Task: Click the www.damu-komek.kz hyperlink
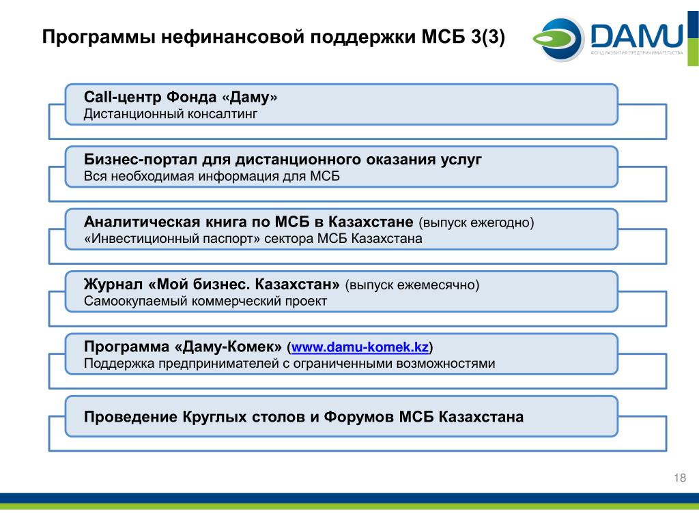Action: pyautogui.click(x=360, y=347)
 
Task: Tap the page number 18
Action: pyautogui.click(x=680, y=478)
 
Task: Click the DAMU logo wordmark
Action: pyautogui.click(x=637, y=36)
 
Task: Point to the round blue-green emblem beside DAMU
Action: pyautogui.click(x=559, y=38)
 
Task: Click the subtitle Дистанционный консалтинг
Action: pyautogui.click(x=171, y=114)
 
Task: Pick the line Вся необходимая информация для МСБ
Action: pyautogui.click(x=212, y=176)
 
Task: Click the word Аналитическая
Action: pyautogui.click(x=142, y=222)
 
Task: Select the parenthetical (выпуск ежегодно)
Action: pyautogui.click(x=476, y=222)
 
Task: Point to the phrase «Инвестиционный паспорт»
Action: pyautogui.click(x=172, y=238)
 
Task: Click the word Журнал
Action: pyautogui.click(x=113, y=284)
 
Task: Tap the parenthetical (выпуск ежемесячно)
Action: pyautogui.click(x=412, y=285)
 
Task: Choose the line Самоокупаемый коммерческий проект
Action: pyautogui.click(x=205, y=301)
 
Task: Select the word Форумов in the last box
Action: pyautogui.click(x=359, y=417)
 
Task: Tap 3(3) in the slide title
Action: pyautogui.click(x=487, y=37)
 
